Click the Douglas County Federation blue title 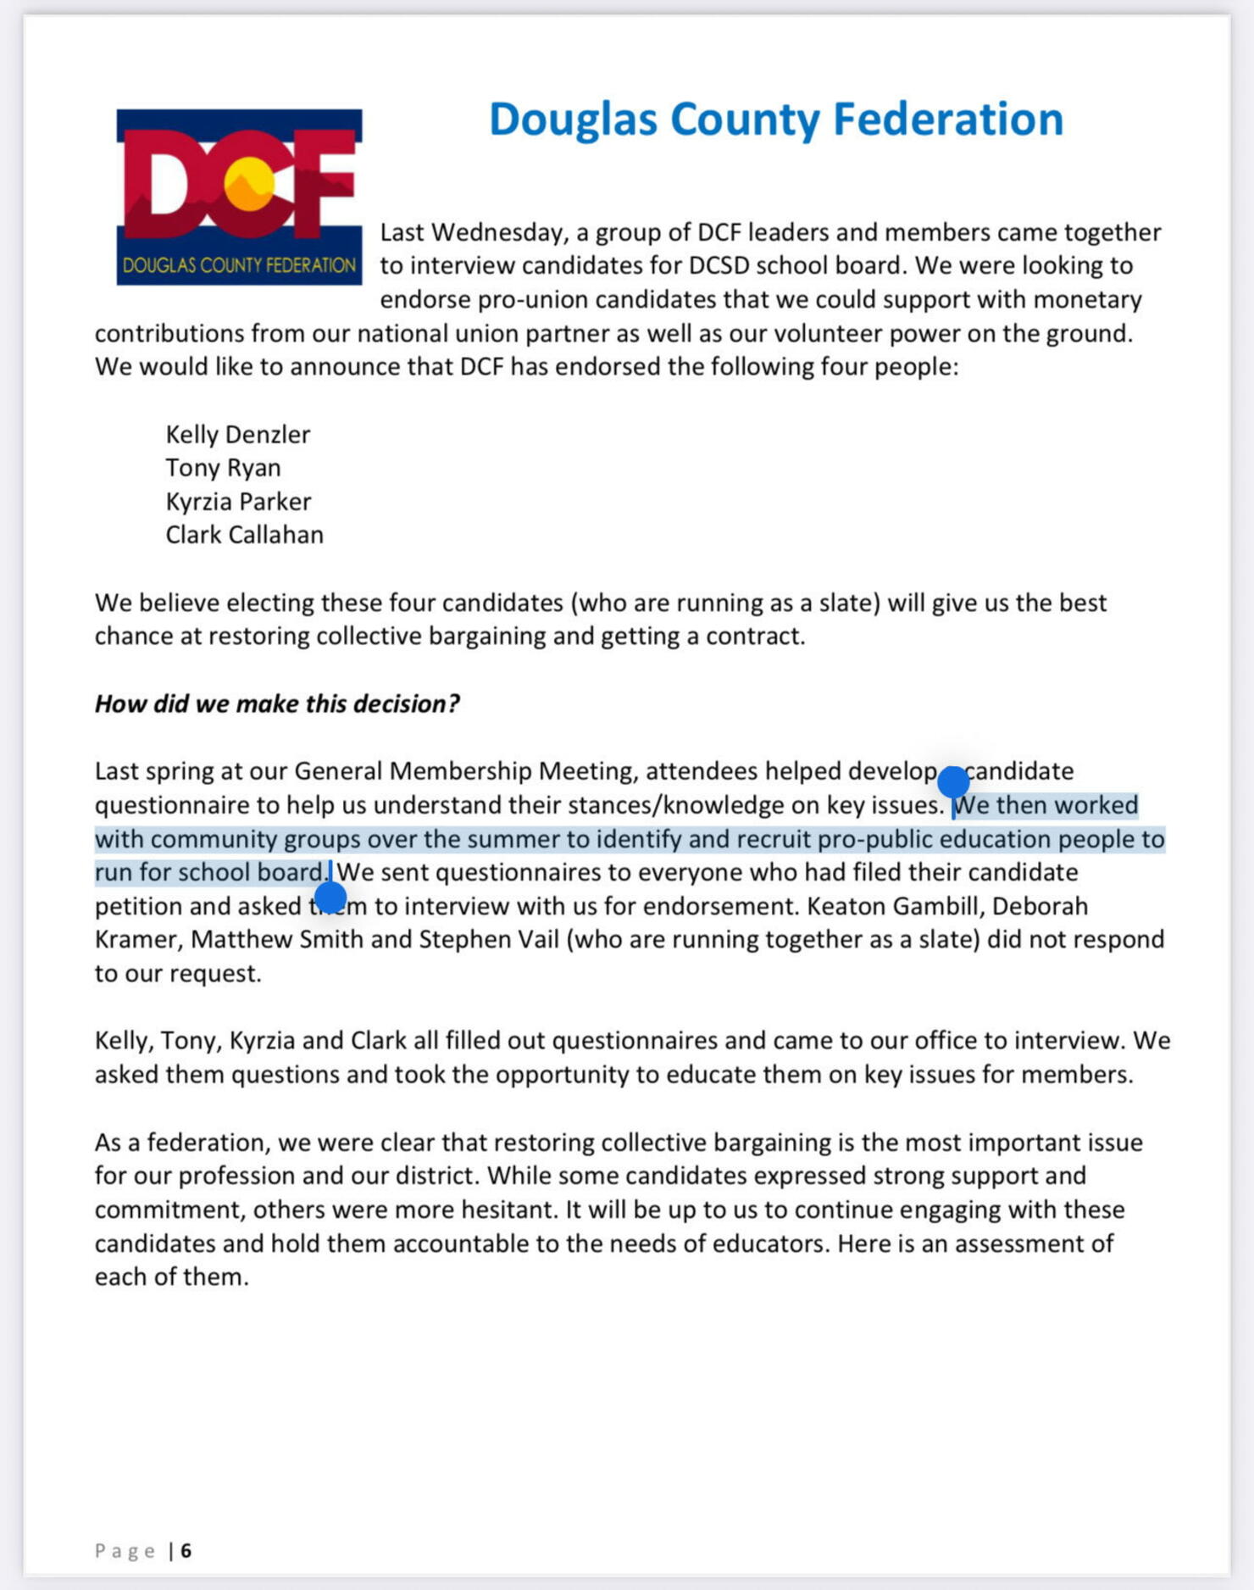775,119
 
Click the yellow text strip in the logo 239,265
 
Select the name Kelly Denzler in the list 238,435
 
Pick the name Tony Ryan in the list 223,468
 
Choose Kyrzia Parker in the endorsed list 238,502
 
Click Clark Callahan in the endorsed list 244,535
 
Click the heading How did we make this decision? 277,703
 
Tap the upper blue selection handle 953,781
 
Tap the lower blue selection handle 330,897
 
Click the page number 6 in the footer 186,1550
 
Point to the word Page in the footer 125,1550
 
